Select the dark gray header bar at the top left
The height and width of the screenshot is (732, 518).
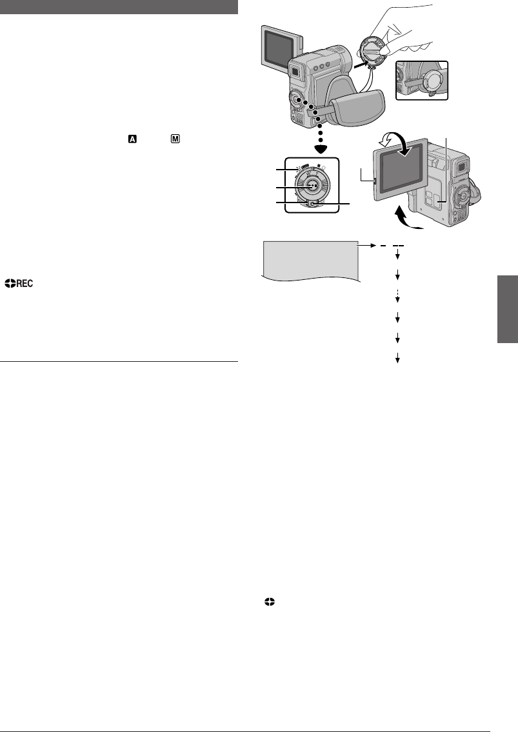pos(119,7)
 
